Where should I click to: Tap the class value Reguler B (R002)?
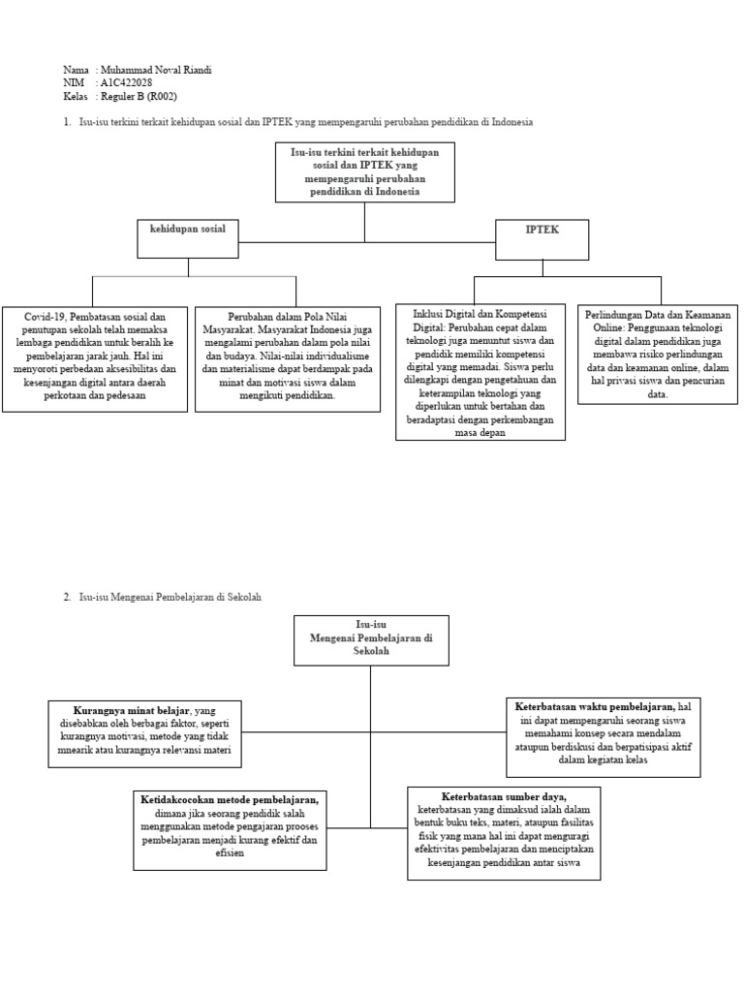pyautogui.click(x=142, y=96)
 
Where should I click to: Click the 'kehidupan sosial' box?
pyautogui.click(x=187, y=238)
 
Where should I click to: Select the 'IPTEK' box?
pyautogui.click(x=542, y=239)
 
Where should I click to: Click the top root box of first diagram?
pyautogui.click(x=364, y=172)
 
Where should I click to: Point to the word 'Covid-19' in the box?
pyautogui.click(x=45, y=317)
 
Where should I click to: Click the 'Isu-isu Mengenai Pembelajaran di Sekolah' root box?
pyautogui.click(x=371, y=639)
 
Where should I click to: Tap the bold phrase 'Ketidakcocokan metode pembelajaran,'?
pyautogui.click(x=229, y=799)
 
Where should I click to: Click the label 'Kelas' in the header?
pyautogui.click(x=76, y=96)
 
